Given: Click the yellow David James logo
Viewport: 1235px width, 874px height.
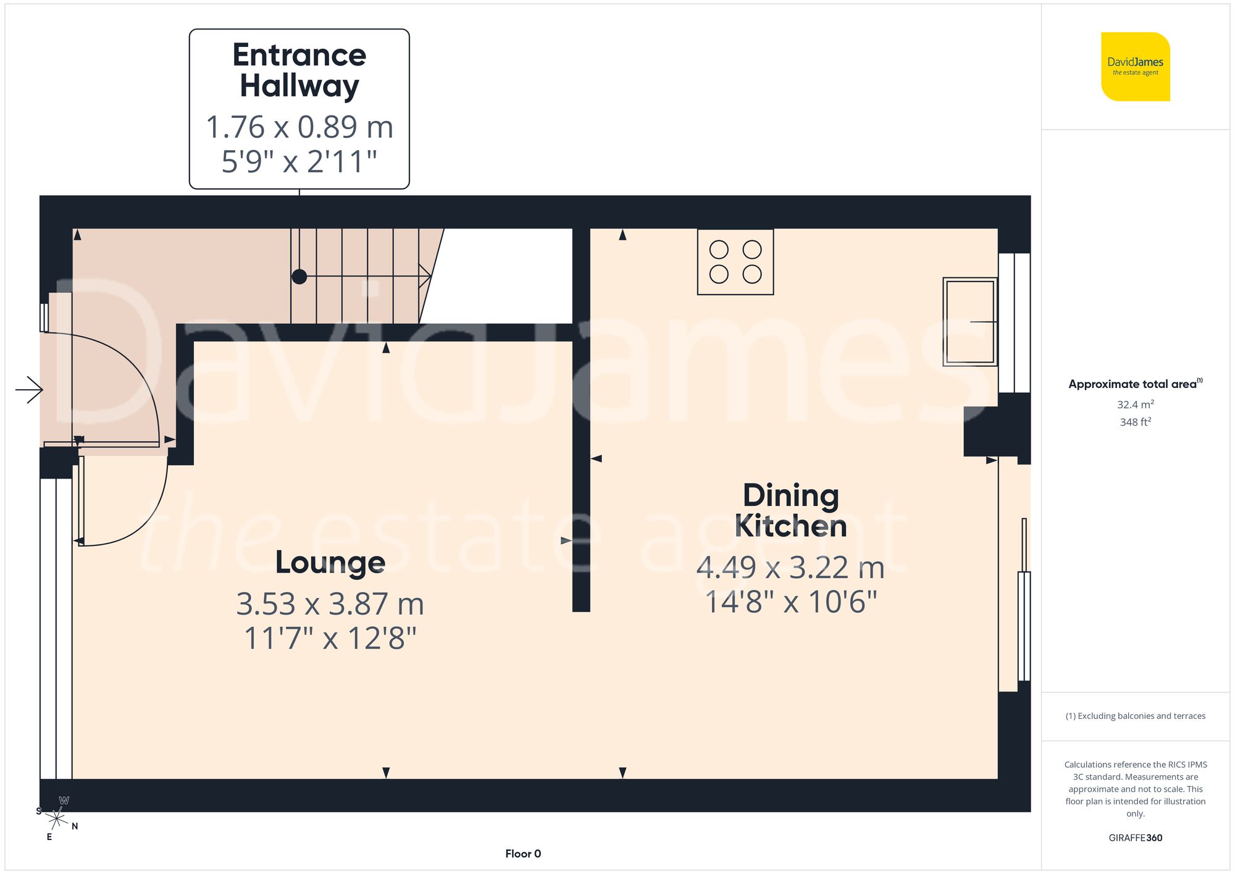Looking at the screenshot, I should [x=1135, y=67].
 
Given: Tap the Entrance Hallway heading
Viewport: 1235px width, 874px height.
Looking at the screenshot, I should [x=299, y=70].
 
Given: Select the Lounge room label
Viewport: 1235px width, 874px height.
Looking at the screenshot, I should [x=330, y=562].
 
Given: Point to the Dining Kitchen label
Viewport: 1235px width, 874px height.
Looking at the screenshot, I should [x=790, y=510].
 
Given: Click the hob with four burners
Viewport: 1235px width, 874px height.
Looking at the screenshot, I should [x=735, y=262].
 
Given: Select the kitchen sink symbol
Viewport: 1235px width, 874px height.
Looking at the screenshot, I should [x=969, y=322].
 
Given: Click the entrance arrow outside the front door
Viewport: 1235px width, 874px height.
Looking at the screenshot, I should [x=29, y=390].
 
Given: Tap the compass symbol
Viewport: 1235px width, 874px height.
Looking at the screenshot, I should [x=57, y=819].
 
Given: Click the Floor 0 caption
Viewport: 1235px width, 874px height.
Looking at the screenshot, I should [x=523, y=854].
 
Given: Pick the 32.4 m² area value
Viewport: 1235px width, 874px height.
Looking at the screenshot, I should [x=1135, y=405].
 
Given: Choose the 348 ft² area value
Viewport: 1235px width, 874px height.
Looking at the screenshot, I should [x=1135, y=422].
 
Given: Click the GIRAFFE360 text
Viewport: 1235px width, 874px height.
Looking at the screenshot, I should [x=1135, y=838].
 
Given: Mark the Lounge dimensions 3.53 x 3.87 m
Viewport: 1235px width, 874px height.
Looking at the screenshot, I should [x=330, y=604].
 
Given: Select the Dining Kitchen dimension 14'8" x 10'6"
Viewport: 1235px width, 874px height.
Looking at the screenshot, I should [x=790, y=602].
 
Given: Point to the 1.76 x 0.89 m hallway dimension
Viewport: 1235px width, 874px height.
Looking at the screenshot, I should [x=299, y=127].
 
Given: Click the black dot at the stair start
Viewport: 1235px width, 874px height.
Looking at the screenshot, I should [x=299, y=277].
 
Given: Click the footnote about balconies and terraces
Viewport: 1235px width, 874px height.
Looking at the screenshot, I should [x=1135, y=716].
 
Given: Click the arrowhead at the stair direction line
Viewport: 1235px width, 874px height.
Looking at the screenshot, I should [x=426, y=276].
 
